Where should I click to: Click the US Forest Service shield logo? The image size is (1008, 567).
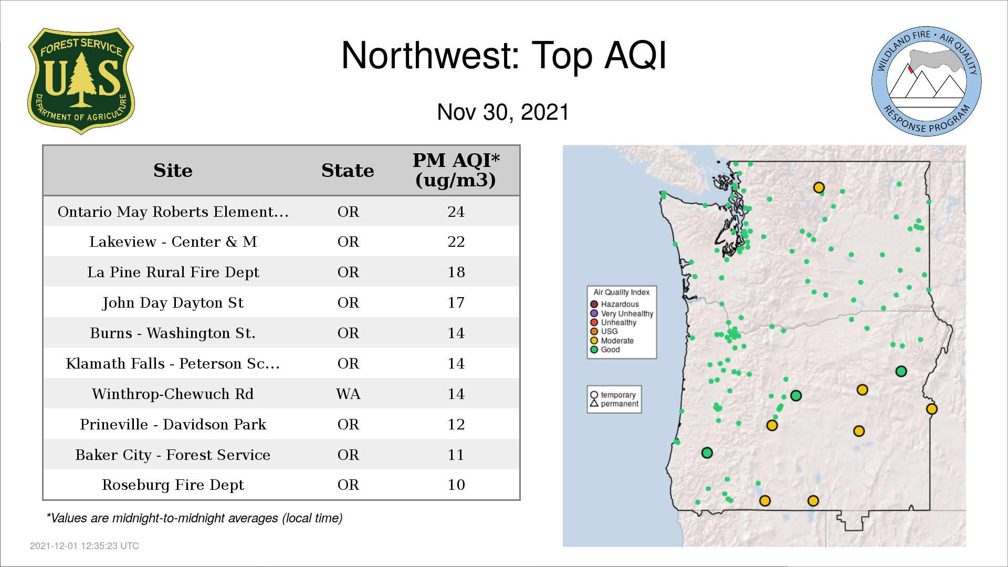click(x=81, y=81)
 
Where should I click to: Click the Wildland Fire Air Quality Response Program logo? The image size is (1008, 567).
click(x=927, y=81)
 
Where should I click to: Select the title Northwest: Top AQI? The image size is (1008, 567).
click(x=504, y=55)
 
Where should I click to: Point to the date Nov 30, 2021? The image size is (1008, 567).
click(x=503, y=112)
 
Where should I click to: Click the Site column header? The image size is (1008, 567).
click(x=173, y=171)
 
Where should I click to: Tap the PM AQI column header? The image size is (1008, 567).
click(x=456, y=170)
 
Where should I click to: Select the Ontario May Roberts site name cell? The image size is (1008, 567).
click(x=173, y=212)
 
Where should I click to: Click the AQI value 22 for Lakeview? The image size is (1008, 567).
click(x=456, y=241)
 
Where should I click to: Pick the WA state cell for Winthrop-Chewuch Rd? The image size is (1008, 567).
click(x=348, y=394)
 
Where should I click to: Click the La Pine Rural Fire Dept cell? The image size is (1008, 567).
click(x=173, y=272)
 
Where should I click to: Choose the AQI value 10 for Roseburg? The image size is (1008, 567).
click(x=456, y=485)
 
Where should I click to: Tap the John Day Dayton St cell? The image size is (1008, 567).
click(x=173, y=302)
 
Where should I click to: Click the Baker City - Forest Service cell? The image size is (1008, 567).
click(x=173, y=455)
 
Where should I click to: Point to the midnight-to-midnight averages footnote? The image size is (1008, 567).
click(x=194, y=518)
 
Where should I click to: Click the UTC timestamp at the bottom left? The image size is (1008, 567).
click(x=85, y=546)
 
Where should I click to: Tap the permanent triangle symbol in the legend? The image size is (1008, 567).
click(x=594, y=403)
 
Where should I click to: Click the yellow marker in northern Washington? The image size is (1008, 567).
click(x=818, y=187)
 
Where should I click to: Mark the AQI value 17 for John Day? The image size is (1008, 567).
click(x=456, y=302)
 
